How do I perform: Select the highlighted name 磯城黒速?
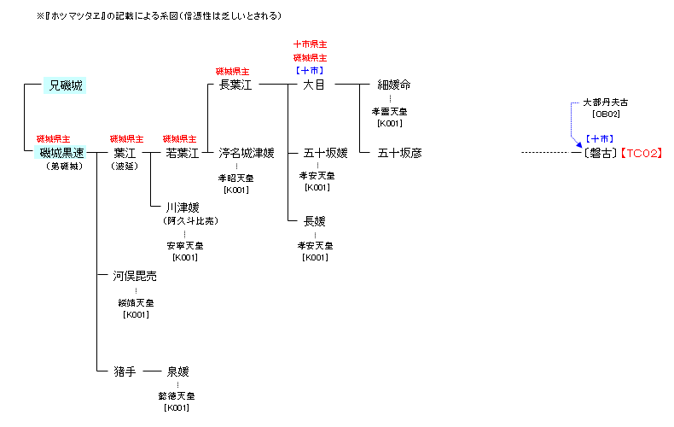(62, 153)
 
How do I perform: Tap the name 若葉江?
(182, 153)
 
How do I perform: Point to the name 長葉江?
(236, 85)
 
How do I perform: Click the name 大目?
(313, 85)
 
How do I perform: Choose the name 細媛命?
(393, 85)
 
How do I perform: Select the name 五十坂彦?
(399, 153)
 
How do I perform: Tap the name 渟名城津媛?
(247, 153)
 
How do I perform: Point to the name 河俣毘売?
(135, 276)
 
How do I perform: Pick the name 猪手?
(125, 371)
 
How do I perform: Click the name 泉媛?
(177, 371)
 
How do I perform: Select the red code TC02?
(641, 153)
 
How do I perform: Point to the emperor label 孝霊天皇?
(390, 111)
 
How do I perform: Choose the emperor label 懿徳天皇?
(177, 396)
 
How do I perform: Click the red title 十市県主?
(311, 44)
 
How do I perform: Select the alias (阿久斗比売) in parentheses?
(189, 220)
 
